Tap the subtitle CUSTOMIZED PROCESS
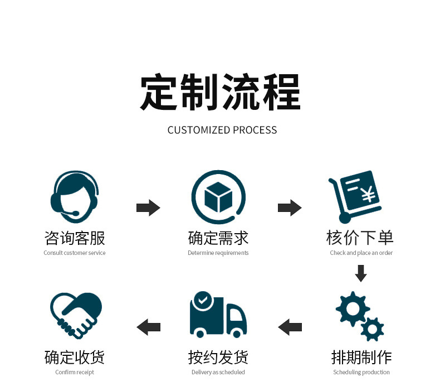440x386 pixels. coord(222,130)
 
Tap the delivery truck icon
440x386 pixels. coord(218,315)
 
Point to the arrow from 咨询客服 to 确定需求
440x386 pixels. coord(148,208)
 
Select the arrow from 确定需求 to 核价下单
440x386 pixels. coord(290,208)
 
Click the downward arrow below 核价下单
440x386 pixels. coord(361,273)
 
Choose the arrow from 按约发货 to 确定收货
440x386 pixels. coord(148,327)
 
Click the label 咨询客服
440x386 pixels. coord(75,238)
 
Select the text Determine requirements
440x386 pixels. coord(218,253)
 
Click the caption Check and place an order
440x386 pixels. coord(361,253)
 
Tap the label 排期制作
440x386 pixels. coord(361,357)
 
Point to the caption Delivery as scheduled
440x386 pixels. coord(218,372)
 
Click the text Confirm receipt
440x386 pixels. coord(75,372)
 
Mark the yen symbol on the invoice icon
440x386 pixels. coord(367,195)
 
